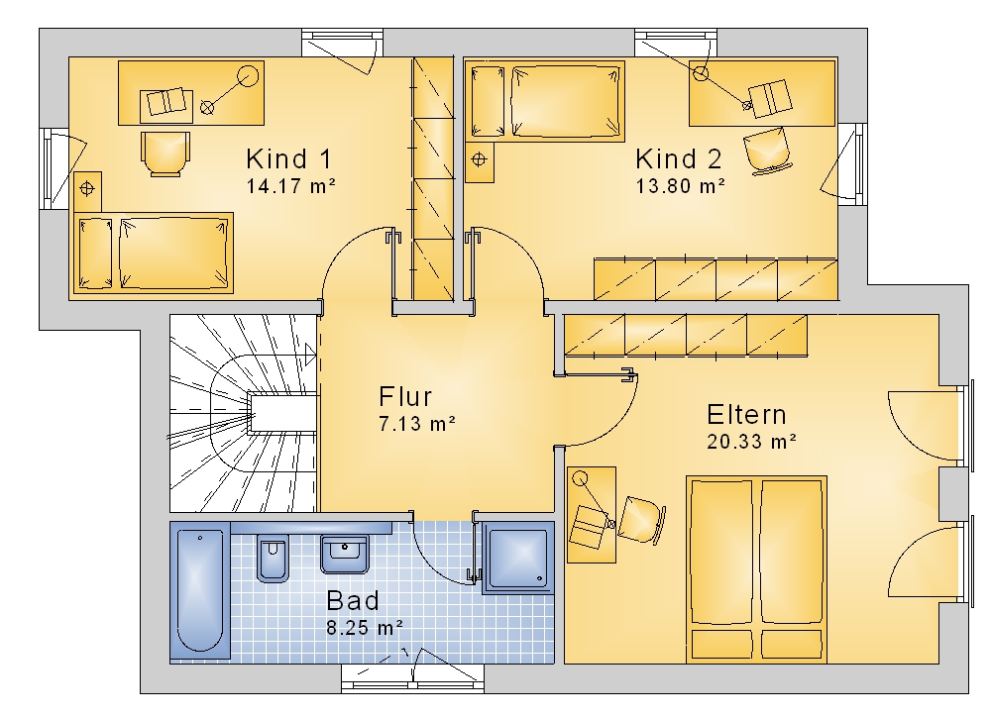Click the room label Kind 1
(x=288, y=159)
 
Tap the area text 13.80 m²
(x=680, y=186)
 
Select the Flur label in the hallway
(x=405, y=397)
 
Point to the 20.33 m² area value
(x=751, y=442)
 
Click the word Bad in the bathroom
(x=353, y=601)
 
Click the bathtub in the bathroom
(x=200, y=590)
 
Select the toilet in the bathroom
(x=273, y=559)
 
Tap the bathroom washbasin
(x=345, y=555)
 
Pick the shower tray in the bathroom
(x=518, y=559)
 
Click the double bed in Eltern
(x=756, y=569)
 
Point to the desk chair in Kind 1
(x=165, y=154)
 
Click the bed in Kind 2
(x=545, y=101)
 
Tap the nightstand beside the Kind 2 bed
(x=479, y=162)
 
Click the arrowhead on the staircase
(x=310, y=355)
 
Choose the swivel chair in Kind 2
(x=767, y=151)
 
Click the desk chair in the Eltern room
(x=642, y=520)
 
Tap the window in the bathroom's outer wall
(x=412, y=678)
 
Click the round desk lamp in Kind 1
(x=248, y=76)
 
